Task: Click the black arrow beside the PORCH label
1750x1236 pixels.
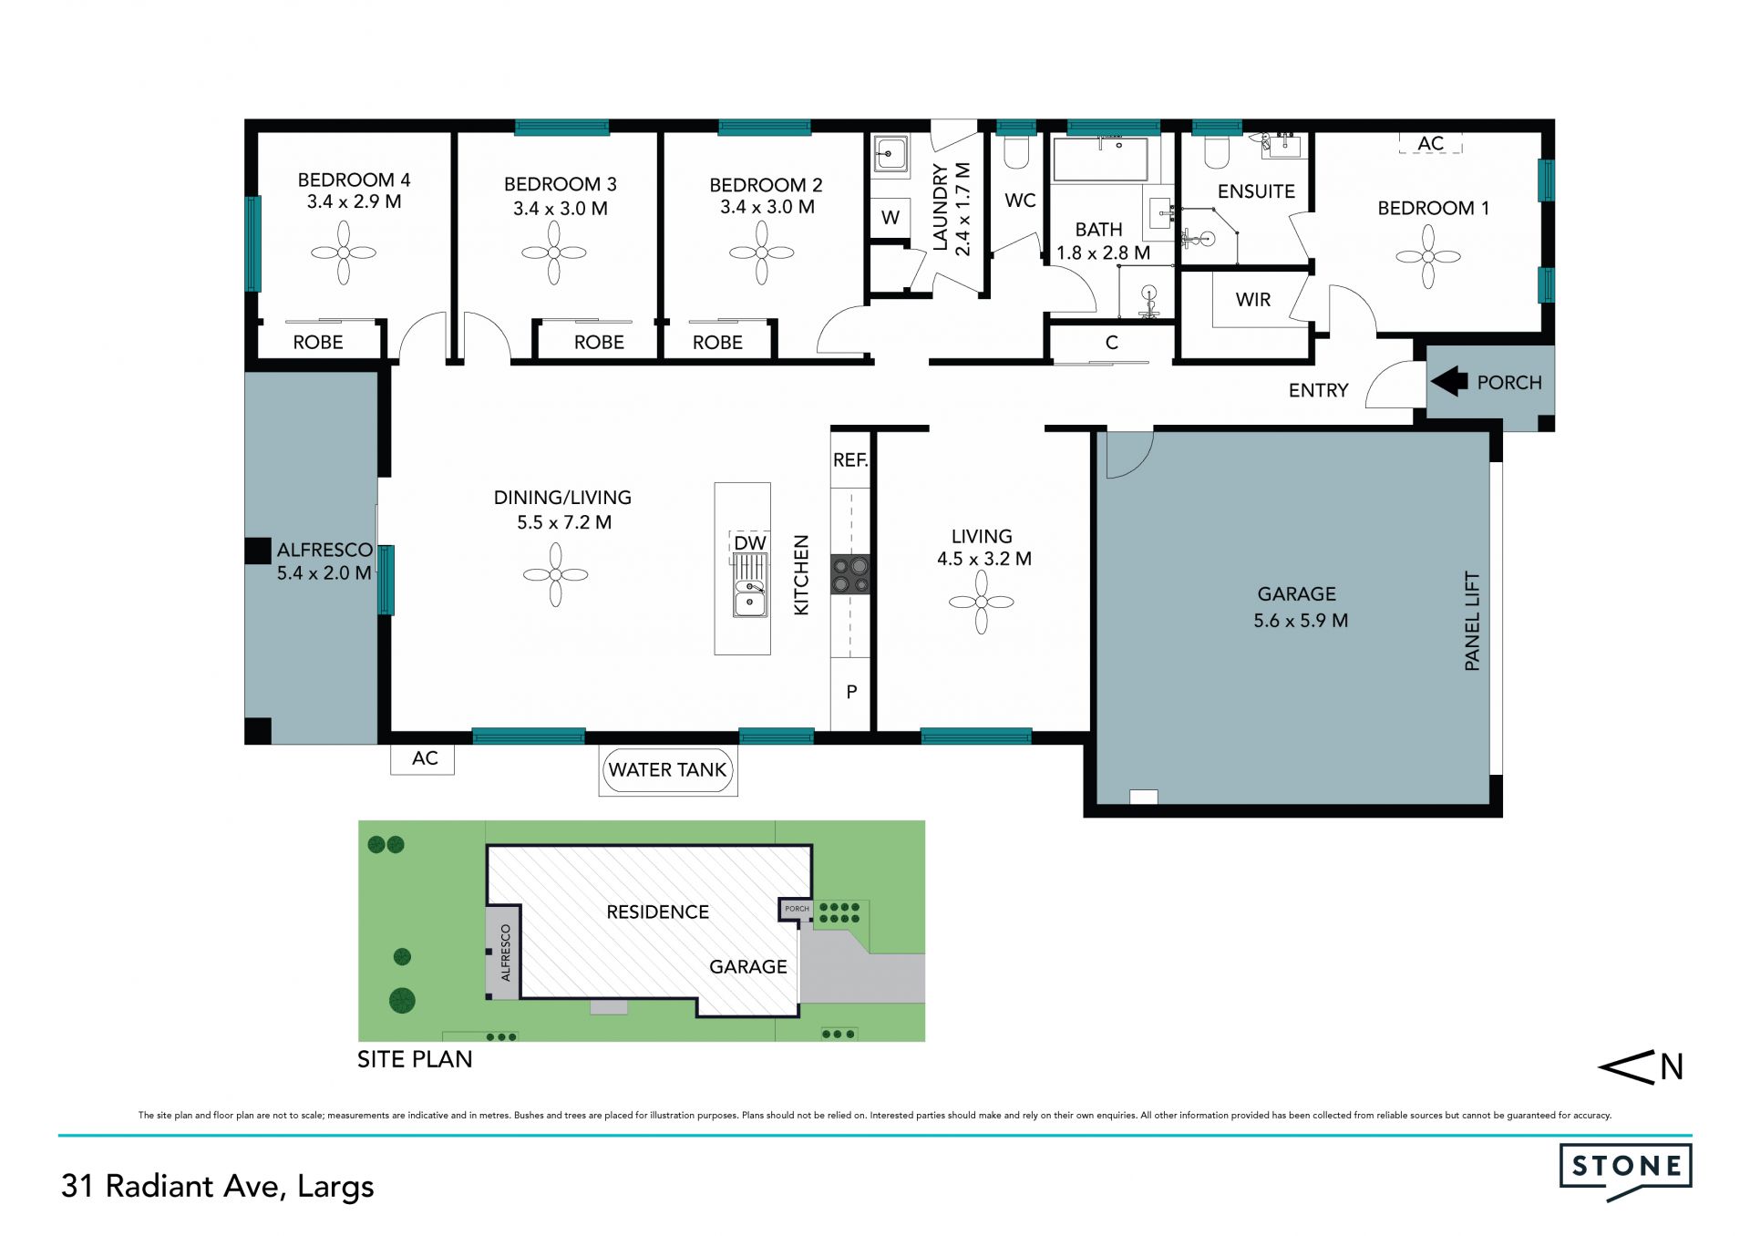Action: tap(1448, 381)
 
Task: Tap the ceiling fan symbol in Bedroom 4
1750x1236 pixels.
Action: tap(344, 252)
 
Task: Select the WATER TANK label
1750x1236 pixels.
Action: tap(667, 769)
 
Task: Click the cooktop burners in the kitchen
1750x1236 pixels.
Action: tap(850, 575)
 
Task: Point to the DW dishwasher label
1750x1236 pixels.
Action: tap(750, 543)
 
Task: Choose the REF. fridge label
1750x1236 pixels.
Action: tap(850, 460)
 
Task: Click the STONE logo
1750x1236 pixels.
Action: tap(1625, 1171)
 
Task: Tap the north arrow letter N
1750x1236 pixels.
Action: tap(1672, 1067)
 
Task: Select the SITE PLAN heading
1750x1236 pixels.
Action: tap(415, 1059)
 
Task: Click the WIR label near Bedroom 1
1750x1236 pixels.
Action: tap(1253, 300)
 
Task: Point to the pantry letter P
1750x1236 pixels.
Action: tap(851, 692)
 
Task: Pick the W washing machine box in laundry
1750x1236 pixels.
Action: tap(890, 218)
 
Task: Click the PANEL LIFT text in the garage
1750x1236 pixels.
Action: tap(1472, 621)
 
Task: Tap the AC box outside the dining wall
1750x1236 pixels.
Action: tap(423, 759)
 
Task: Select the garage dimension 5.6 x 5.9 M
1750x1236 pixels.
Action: tap(1301, 621)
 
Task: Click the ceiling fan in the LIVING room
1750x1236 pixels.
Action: tap(982, 602)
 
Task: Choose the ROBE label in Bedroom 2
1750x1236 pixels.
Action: tap(717, 343)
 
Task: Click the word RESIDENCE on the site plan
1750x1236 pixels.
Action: tap(657, 912)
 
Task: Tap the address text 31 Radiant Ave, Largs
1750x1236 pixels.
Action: tap(218, 1187)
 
